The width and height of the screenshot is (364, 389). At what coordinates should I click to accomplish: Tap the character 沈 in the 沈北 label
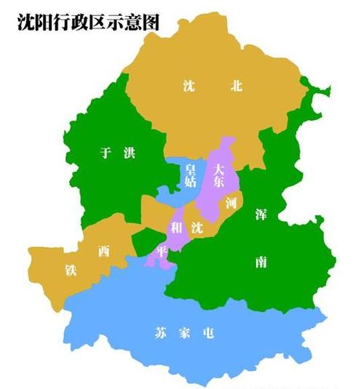click(189, 87)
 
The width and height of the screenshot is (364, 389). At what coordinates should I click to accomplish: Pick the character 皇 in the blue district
click(190, 169)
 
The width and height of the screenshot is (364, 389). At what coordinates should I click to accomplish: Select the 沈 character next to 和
click(197, 228)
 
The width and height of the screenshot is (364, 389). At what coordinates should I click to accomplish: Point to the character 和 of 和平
click(175, 228)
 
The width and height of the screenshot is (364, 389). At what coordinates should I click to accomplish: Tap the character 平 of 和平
click(162, 249)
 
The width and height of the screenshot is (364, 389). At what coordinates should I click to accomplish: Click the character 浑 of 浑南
click(261, 214)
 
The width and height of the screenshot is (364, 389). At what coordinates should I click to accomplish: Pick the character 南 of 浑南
click(261, 261)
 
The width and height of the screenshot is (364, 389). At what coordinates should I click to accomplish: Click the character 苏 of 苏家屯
click(160, 334)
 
